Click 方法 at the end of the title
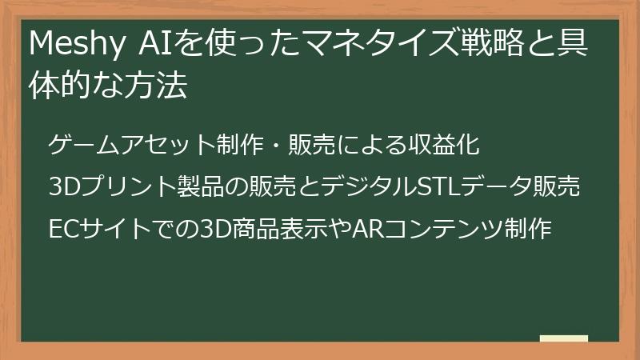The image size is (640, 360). click(x=156, y=85)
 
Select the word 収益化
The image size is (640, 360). click(x=444, y=145)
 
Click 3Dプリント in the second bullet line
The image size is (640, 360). click(x=113, y=186)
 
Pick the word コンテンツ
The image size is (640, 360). click(x=444, y=229)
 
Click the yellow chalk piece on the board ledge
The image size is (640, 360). click(x=564, y=338)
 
